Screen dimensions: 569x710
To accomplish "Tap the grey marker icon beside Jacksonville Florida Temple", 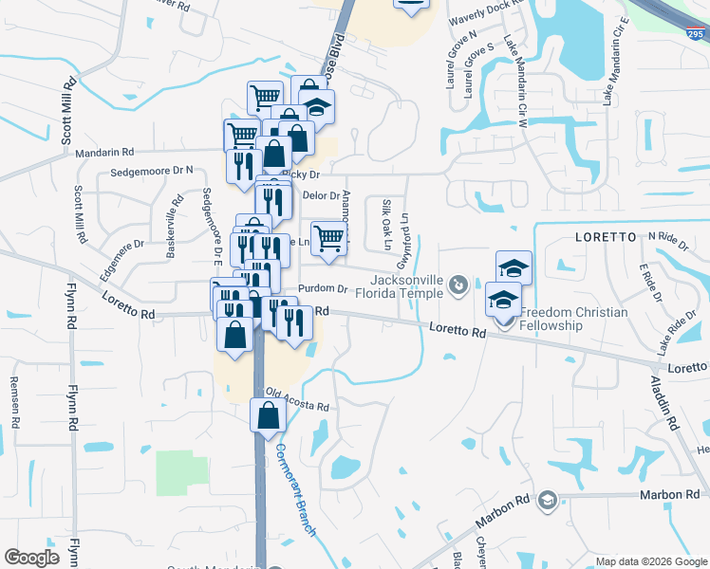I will [x=459, y=284].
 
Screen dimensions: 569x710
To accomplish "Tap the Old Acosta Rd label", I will [x=297, y=400].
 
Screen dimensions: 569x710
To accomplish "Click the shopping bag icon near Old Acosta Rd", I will [x=268, y=414].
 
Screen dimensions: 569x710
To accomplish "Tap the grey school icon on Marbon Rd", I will [x=547, y=500].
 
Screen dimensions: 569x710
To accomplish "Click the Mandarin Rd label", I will [x=108, y=152].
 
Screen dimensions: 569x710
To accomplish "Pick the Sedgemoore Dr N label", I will [x=152, y=172].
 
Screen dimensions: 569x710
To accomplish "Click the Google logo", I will [x=31, y=558].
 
